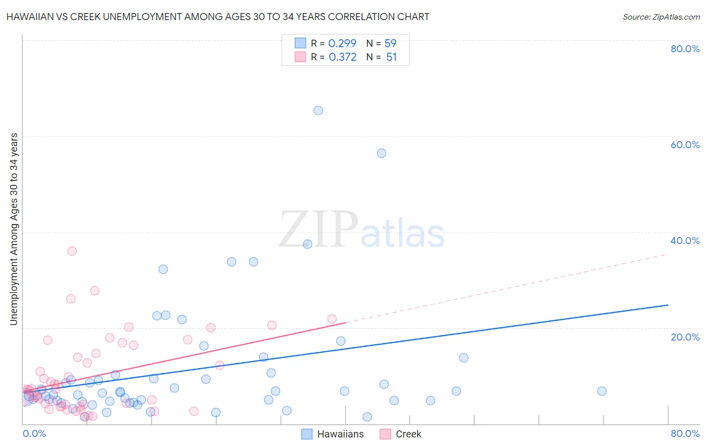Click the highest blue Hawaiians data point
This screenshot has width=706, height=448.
coord(318,110)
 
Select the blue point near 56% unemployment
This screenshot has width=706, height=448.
coord(382,153)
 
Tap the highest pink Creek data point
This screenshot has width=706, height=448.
coord(72,251)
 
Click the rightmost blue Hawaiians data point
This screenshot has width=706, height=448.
coord(602,391)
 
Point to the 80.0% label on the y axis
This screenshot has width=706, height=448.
coord(685,49)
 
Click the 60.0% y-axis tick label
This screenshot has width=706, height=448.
coord(685,145)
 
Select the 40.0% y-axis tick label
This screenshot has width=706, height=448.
coord(685,241)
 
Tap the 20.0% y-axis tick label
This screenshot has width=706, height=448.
coord(685,337)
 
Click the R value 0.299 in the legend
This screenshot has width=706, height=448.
coord(342,44)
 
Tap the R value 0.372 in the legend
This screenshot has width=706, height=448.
coord(342,57)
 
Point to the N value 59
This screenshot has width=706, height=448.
coord(390,44)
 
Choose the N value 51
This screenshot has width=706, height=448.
coord(391,57)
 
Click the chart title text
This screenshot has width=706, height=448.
coord(217,17)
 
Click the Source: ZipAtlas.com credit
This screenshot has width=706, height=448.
coord(661,17)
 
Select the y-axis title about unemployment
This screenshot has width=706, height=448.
coord(14,229)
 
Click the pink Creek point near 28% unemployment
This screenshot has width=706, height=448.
coord(94,291)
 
